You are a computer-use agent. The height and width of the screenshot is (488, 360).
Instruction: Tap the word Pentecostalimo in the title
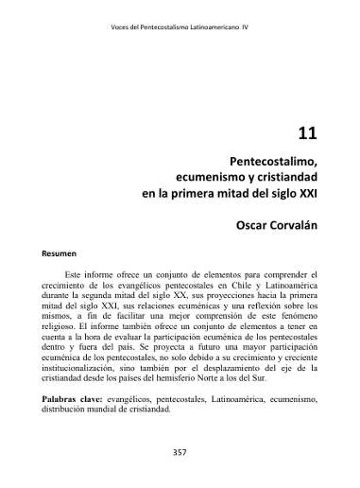271,160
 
